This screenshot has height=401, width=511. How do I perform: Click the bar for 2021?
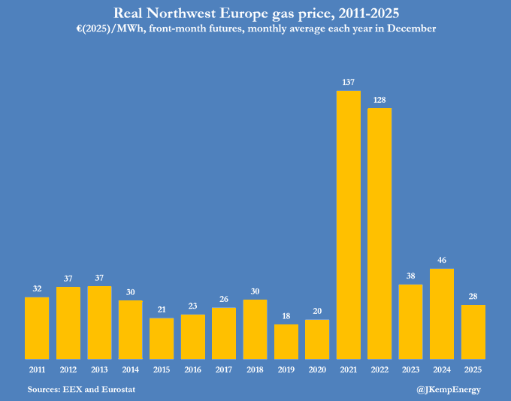tap(348, 225)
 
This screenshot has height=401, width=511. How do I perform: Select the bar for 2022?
tap(379, 233)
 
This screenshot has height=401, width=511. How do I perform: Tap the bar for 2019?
tap(286, 341)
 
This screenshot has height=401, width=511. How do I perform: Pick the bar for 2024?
tap(442, 313)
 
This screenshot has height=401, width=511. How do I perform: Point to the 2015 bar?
tap(161, 338)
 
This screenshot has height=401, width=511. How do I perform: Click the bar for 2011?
tap(37, 327)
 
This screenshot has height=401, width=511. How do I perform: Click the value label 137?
tap(348, 81)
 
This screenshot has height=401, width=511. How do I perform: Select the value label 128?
tap(379, 98)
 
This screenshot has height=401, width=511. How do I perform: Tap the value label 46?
tap(442, 259)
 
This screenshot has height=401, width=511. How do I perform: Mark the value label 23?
tap(192, 305)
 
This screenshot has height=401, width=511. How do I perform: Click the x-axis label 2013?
tap(99, 369)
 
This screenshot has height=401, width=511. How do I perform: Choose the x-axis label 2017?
tap(224, 369)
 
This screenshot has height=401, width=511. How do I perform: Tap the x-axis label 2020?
tap(317, 369)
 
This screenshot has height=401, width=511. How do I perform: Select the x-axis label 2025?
tap(473, 369)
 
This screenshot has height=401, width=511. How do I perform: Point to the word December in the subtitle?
tap(407, 28)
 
